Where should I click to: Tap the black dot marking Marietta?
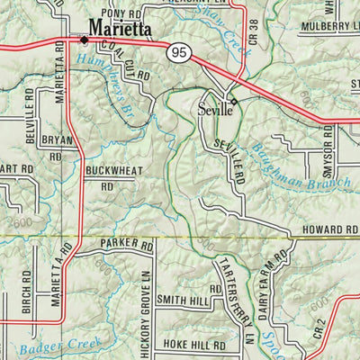click(84, 40)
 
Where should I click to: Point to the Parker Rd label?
click(128, 244)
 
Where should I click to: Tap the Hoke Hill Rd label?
click(196, 345)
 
